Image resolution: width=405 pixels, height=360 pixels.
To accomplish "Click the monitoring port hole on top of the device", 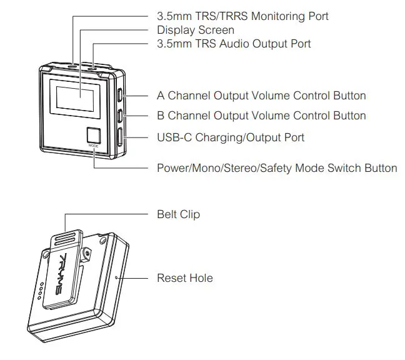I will point(73,65).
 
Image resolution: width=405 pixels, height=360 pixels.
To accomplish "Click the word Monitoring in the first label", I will point(264,16).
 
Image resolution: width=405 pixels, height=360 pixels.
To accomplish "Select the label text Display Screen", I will point(195,30).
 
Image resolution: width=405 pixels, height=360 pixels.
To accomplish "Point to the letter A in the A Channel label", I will point(161,96).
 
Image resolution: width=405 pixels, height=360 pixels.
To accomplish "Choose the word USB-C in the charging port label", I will point(174,137).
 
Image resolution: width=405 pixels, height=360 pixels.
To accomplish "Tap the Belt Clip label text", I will point(178,214).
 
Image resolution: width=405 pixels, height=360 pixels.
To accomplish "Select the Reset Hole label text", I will point(184,277).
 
